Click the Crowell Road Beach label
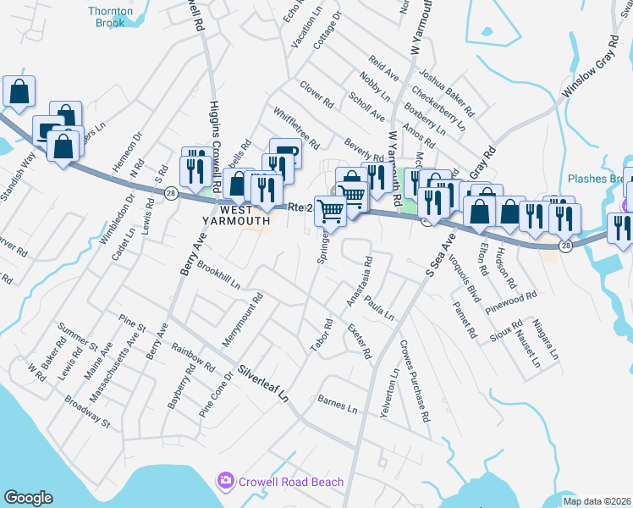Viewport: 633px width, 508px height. coord(290,482)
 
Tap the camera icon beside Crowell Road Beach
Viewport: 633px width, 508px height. coord(225,482)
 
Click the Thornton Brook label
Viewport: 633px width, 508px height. coord(111,17)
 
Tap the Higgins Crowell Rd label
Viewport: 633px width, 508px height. coord(214,144)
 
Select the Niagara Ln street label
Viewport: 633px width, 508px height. coord(548,340)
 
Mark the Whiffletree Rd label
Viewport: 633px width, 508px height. coord(295,128)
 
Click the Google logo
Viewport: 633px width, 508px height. coord(29,498)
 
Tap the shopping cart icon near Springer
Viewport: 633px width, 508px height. coord(331,211)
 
